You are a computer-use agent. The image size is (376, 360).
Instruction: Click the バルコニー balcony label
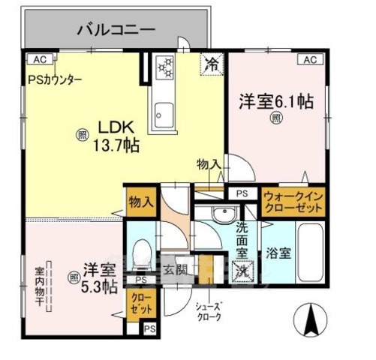pyautogui.click(x=116, y=31)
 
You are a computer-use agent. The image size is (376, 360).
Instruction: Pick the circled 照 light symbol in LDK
pyautogui.click(x=81, y=135)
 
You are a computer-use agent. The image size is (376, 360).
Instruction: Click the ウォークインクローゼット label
pyautogui.click(x=293, y=202)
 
